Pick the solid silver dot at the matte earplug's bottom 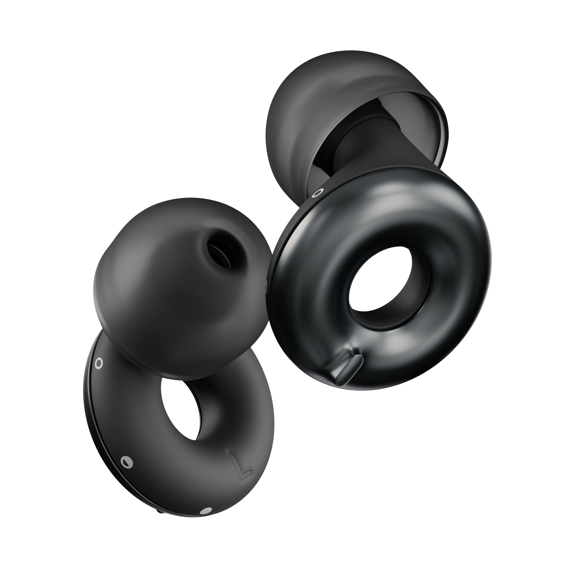click(206, 519)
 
